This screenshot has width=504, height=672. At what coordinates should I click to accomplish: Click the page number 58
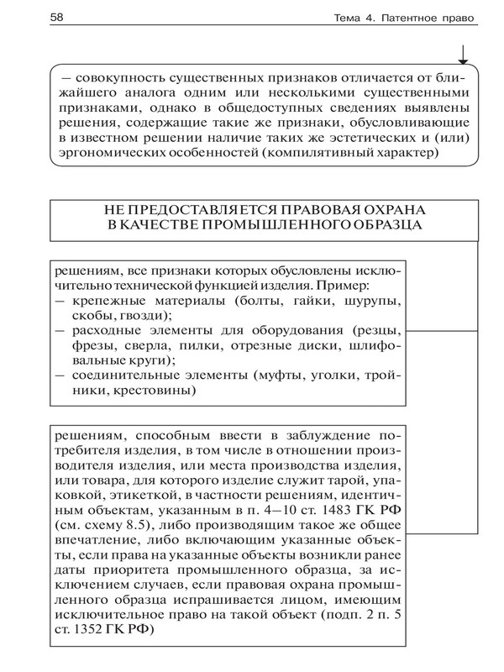coord(36,17)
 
